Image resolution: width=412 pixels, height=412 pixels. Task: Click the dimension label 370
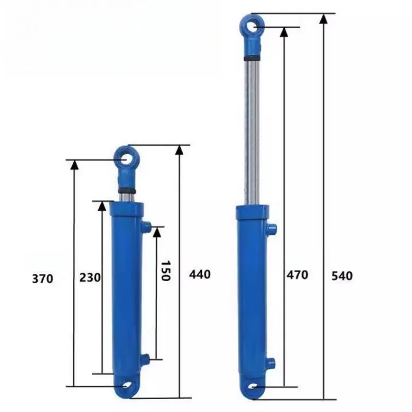[43, 279]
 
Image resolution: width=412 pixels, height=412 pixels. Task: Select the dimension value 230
[90, 277]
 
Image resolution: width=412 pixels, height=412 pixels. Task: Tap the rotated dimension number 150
[166, 271]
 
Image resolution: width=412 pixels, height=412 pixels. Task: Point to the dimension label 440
[200, 274]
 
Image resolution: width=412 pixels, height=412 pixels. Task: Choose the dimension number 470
[297, 275]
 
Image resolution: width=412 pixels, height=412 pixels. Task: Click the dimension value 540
[342, 276]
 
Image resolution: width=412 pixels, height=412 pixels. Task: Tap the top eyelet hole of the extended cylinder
[251, 27]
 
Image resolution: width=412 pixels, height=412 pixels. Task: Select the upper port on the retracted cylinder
[146, 226]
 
